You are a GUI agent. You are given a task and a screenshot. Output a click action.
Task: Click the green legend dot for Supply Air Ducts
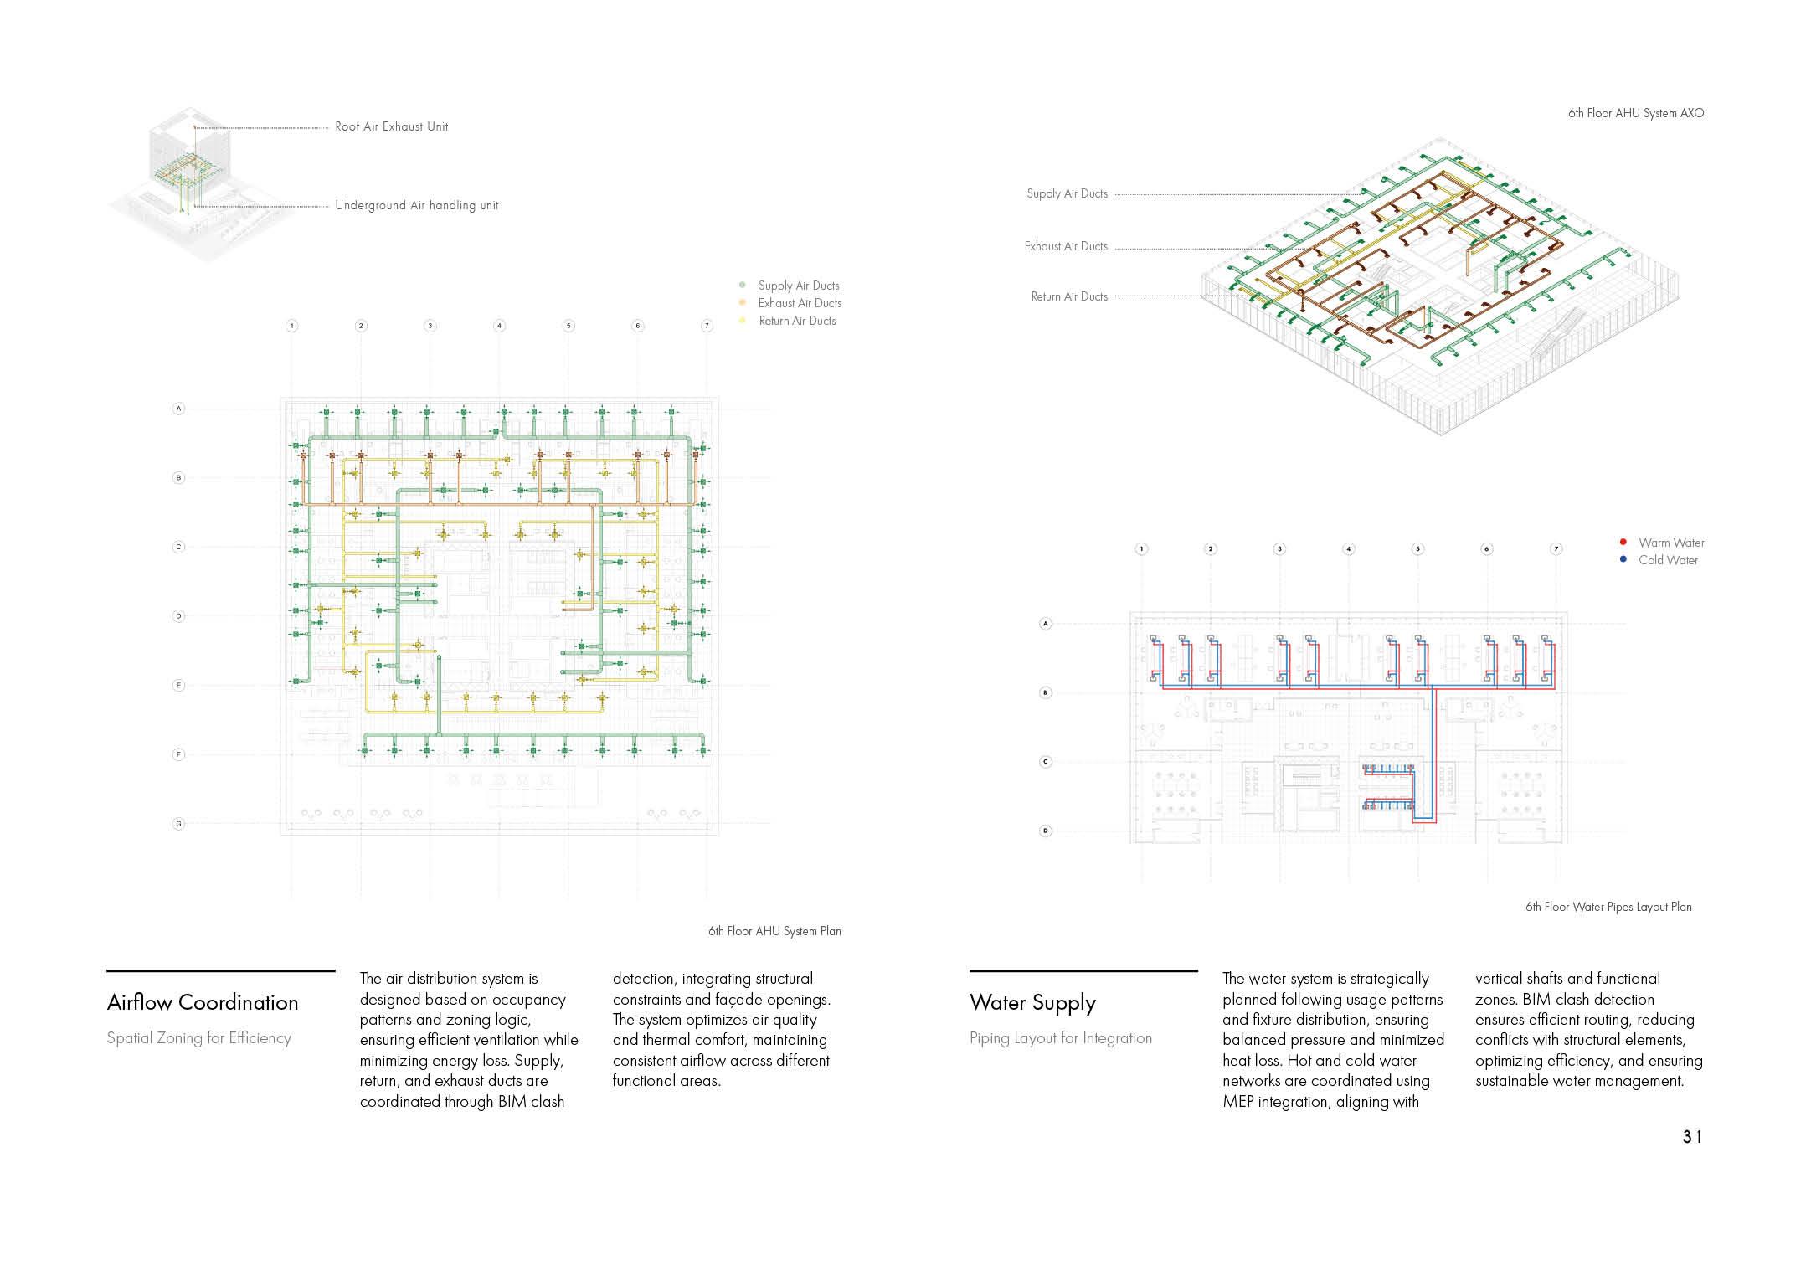coord(743,286)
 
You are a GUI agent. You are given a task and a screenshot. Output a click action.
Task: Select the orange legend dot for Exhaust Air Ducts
coord(743,303)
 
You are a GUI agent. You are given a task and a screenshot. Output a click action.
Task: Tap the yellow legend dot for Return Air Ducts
coord(743,321)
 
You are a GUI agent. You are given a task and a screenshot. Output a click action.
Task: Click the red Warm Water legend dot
coord(1623,543)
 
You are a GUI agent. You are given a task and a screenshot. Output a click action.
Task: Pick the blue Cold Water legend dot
coord(1623,560)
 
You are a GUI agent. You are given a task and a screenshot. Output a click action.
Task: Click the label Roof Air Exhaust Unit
coord(391,126)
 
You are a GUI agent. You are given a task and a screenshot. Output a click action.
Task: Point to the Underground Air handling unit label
coord(416,205)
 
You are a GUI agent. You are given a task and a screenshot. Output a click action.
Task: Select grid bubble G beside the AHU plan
coord(178,824)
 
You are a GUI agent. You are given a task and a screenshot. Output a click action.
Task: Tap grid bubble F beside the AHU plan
coord(178,754)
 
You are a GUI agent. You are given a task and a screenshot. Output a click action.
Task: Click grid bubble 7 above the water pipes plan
coord(1556,549)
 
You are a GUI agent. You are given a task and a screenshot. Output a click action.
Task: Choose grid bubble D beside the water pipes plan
coord(1045,831)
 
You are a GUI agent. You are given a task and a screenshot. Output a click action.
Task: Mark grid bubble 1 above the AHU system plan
coord(291,326)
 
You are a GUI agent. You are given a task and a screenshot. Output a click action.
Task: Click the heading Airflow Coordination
coord(203,1002)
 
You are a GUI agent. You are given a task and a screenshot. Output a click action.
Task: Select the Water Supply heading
coord(1032,1002)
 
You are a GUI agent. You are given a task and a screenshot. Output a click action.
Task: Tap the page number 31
coord(1692,1137)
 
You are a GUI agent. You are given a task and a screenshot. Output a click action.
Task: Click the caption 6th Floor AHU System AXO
coord(1635,113)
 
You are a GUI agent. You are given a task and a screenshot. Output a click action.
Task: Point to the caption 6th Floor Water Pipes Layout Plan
coord(1608,907)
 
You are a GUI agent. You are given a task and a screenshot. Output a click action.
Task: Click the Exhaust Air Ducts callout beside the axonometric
coord(1066,246)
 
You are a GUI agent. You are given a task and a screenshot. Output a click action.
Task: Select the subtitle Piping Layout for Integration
coord(1061,1038)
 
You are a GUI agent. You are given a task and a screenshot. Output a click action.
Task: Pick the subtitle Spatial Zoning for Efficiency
coord(199,1038)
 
